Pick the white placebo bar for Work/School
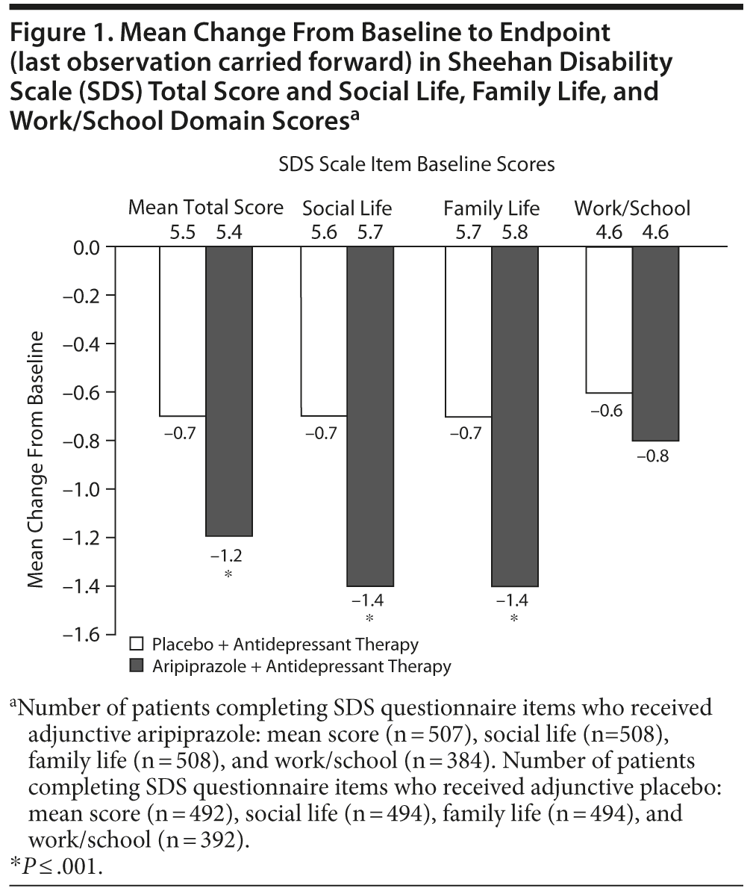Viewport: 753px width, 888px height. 609,320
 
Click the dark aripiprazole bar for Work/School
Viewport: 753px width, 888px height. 655,344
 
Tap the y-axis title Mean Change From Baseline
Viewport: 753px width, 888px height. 35,459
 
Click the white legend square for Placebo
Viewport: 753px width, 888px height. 137,644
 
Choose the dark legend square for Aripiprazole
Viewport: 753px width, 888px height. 137,665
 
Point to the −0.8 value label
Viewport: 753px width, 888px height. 653,456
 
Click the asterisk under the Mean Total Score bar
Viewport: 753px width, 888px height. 228,574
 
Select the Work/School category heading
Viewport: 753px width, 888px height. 632,208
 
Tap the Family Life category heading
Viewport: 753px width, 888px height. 491,208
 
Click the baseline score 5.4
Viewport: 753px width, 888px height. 228,232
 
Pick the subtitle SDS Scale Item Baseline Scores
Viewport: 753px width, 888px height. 416,164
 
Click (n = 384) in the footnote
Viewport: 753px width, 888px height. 454,760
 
